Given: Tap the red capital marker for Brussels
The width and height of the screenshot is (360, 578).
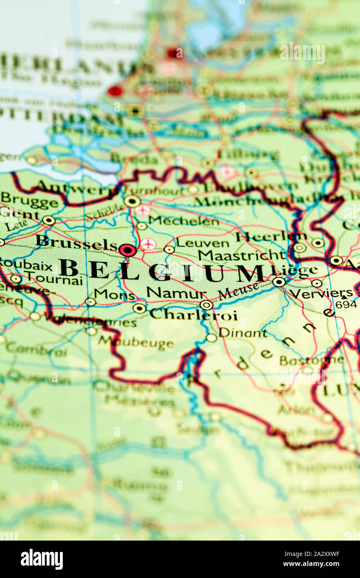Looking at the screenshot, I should [x=127, y=250].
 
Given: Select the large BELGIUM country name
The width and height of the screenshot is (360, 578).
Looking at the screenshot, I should [x=162, y=271].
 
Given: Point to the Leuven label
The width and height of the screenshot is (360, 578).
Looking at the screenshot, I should [x=202, y=243].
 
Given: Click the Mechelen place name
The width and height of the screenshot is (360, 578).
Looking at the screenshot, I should [x=183, y=220].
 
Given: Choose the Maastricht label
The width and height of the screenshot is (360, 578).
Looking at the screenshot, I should [x=242, y=254].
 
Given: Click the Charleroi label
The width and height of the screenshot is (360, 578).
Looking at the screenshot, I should [x=193, y=315].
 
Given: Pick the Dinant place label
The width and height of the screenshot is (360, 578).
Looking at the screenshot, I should [x=243, y=333].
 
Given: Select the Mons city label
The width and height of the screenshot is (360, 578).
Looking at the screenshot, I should [x=114, y=294].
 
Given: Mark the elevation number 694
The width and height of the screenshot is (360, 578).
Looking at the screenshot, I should [x=346, y=304].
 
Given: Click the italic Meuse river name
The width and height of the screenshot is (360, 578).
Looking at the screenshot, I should [x=238, y=291].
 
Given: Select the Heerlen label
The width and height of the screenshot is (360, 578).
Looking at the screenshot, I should [x=266, y=237].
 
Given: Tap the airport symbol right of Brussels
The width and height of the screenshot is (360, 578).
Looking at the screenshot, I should [x=148, y=244].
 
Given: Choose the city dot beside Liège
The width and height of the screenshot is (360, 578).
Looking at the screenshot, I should [x=279, y=282].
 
